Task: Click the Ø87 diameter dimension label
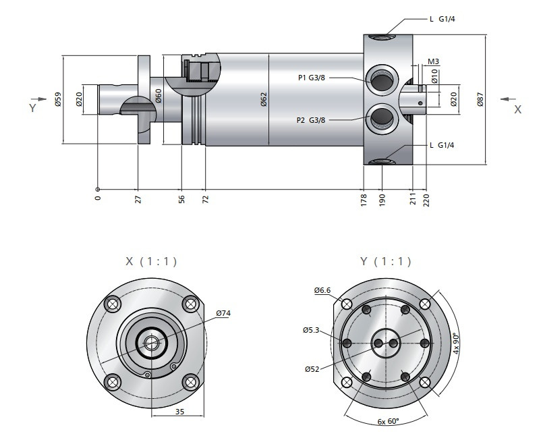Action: click(x=480, y=101)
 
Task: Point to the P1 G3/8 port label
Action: click(x=312, y=78)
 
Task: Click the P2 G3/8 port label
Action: click(x=311, y=120)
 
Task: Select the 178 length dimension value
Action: click(x=363, y=200)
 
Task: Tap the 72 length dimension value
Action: click(x=205, y=200)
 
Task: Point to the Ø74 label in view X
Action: click(x=223, y=313)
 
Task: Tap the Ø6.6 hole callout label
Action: click(x=322, y=291)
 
